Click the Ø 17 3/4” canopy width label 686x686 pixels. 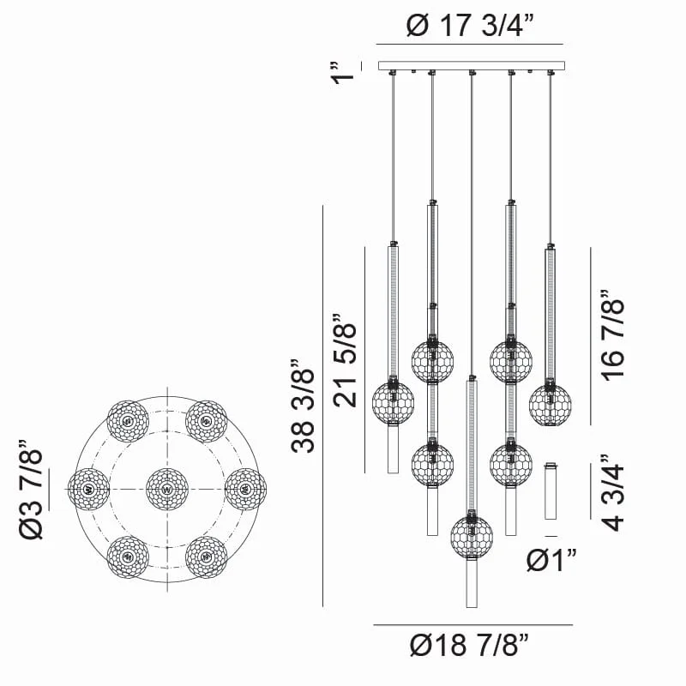[470, 26]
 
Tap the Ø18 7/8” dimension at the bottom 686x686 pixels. [469, 645]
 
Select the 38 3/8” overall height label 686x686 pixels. [303, 406]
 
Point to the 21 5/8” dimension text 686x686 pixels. [345, 360]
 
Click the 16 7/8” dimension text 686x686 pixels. [611, 335]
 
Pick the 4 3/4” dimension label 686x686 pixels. [611, 492]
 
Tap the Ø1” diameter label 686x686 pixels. [551, 560]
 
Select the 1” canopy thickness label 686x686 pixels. [342, 73]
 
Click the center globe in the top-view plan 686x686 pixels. [166, 489]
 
